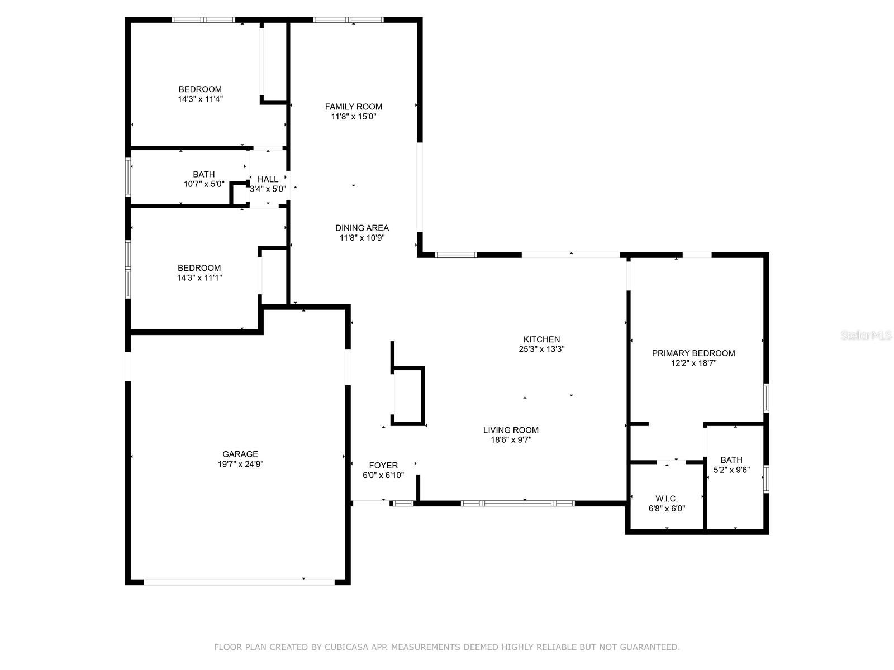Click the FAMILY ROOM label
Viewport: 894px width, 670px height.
353,107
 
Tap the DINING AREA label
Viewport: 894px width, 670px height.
362,228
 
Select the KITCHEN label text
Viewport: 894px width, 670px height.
541,339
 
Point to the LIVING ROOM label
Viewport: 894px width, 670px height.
511,429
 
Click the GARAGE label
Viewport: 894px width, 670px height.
240,454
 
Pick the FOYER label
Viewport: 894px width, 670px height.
383,466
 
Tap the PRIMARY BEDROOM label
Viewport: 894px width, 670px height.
693,353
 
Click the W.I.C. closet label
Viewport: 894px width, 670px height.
667,499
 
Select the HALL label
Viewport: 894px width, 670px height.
268,179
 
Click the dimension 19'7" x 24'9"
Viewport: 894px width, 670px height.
240,464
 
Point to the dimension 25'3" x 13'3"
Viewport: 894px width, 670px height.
541,348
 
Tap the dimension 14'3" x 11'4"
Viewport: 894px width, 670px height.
200,99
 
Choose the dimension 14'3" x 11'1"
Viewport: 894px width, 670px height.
199,277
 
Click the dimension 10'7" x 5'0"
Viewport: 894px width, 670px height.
203,184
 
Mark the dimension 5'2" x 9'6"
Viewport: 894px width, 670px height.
731,470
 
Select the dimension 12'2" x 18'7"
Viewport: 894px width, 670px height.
693,363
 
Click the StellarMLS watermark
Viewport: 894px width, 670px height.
866,335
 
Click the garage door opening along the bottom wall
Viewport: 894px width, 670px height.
239,582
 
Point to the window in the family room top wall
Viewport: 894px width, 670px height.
348,20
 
